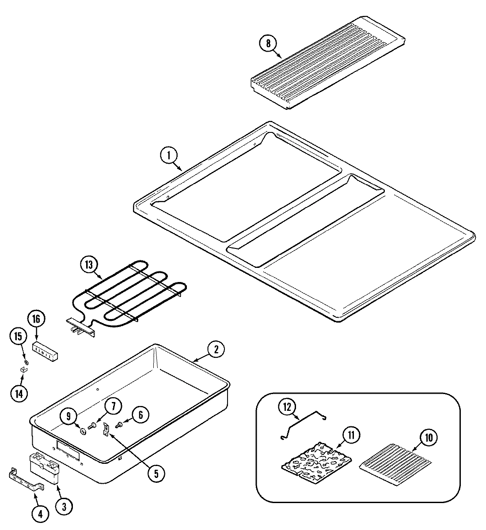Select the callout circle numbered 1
pyautogui.click(x=169, y=155)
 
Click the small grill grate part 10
pyautogui.click(x=396, y=462)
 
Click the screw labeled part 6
pyautogui.click(x=120, y=425)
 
